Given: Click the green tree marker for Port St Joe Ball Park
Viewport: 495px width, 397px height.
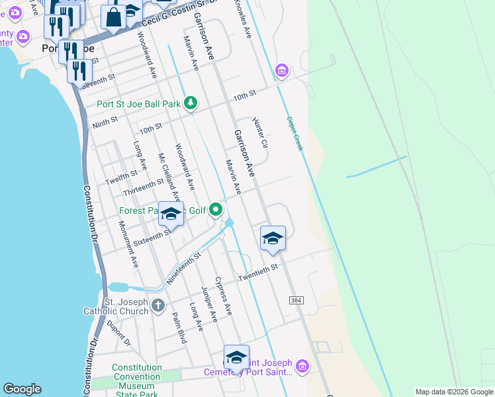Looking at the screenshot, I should [x=191, y=103].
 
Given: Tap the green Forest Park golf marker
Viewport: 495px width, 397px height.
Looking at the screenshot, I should [x=216, y=211].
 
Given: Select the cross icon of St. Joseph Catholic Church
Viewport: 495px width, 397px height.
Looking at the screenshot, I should [x=157, y=306].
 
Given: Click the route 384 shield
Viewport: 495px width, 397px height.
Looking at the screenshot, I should [x=296, y=300].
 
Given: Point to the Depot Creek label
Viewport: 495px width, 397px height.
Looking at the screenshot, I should [x=294, y=134].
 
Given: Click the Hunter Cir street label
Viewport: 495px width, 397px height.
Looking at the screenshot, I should [x=259, y=133].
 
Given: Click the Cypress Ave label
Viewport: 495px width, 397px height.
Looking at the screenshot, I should [x=224, y=296].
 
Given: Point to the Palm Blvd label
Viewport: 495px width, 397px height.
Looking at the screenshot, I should [x=179, y=328].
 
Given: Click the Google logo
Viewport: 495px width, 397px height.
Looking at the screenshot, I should [x=22, y=389].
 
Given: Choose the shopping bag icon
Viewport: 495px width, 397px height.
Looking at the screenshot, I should [x=114, y=17].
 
